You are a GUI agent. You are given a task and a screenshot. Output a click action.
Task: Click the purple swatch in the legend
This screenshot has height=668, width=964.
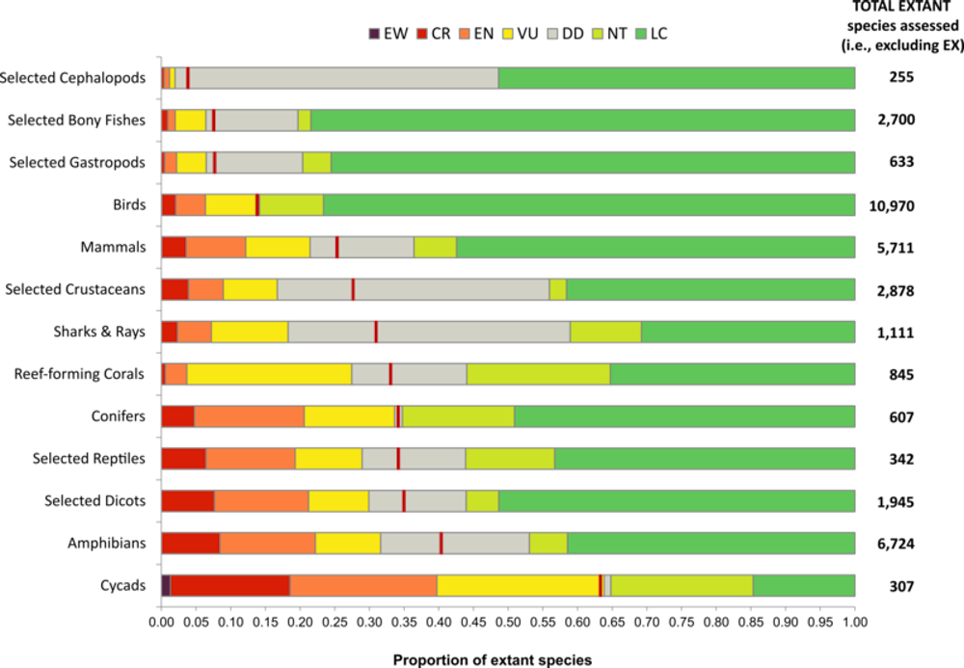click(x=374, y=34)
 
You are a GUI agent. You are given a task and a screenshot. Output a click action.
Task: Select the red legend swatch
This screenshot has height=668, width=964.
click(x=421, y=34)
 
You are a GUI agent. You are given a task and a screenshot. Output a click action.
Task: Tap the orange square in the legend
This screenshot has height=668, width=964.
click(x=465, y=34)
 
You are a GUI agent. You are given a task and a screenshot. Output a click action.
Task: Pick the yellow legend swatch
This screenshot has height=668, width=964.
click(x=507, y=34)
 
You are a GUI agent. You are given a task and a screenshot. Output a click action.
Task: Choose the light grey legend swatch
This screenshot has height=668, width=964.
click(x=552, y=34)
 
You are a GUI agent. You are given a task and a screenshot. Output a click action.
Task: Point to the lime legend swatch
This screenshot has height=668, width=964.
click(x=598, y=34)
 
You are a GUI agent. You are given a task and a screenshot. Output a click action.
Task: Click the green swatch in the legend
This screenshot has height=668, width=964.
click(x=641, y=34)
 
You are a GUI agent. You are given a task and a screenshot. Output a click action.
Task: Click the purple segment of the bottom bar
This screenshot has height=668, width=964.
click(x=166, y=585)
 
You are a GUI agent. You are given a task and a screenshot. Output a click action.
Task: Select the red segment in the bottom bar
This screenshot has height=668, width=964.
click(x=230, y=585)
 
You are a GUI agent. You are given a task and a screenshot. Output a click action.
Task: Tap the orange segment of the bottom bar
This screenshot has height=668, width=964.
click(x=363, y=585)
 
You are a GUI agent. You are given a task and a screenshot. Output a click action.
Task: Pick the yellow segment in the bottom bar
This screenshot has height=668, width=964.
click(x=518, y=585)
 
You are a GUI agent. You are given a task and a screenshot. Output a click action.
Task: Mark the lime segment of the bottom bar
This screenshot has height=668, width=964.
click(x=682, y=585)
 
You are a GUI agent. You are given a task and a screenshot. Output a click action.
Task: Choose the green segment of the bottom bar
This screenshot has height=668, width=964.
click(x=804, y=585)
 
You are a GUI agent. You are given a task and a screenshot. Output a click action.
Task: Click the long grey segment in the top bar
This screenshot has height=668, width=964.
click(x=343, y=78)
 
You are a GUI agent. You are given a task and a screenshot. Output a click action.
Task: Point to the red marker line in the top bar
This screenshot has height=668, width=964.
click(x=188, y=78)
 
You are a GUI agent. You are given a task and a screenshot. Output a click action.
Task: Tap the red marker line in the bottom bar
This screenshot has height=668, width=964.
click(x=601, y=585)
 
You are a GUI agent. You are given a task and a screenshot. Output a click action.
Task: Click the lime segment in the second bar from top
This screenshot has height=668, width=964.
click(x=304, y=120)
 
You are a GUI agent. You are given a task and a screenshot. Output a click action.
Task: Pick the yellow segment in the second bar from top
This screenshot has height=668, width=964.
click(x=190, y=120)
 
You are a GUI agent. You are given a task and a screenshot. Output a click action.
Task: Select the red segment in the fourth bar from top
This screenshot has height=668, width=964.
click(x=169, y=204)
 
